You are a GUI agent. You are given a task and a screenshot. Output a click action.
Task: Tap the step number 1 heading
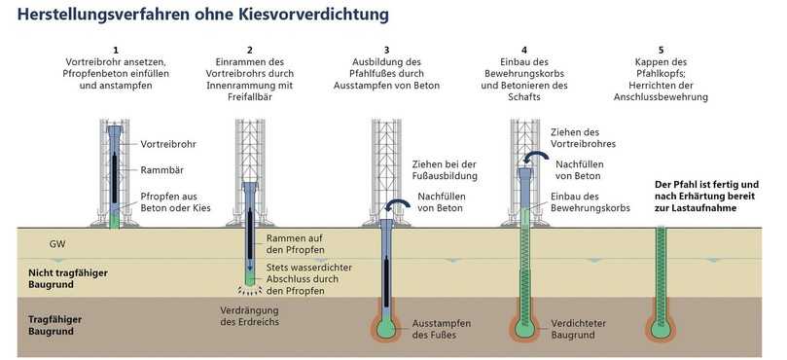click(x=115, y=50)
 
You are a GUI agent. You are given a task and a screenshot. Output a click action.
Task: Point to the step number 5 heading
click(x=662, y=50)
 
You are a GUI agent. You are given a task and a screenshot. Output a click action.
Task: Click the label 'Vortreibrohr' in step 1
click(x=168, y=143)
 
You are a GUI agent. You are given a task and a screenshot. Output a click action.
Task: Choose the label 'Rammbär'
click(x=161, y=168)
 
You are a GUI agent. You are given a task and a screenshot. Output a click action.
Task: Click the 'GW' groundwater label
click(x=57, y=243)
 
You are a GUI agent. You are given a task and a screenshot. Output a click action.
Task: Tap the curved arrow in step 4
click(x=534, y=159)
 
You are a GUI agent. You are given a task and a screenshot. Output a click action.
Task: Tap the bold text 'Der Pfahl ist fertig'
click(x=707, y=185)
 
